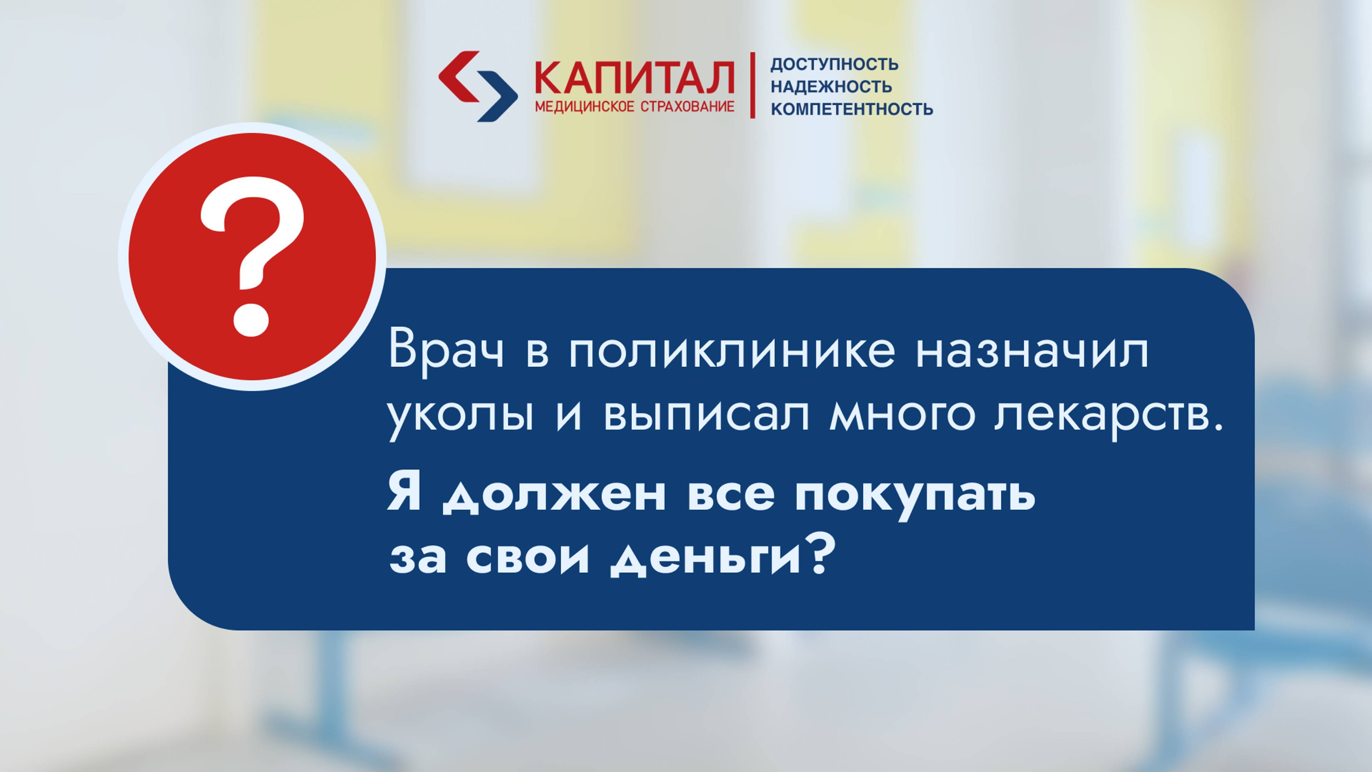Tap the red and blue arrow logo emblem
(478, 86)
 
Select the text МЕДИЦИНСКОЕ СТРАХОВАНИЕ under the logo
(634, 107)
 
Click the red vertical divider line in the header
(752, 85)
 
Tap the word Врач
(446, 352)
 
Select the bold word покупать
(915, 495)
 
